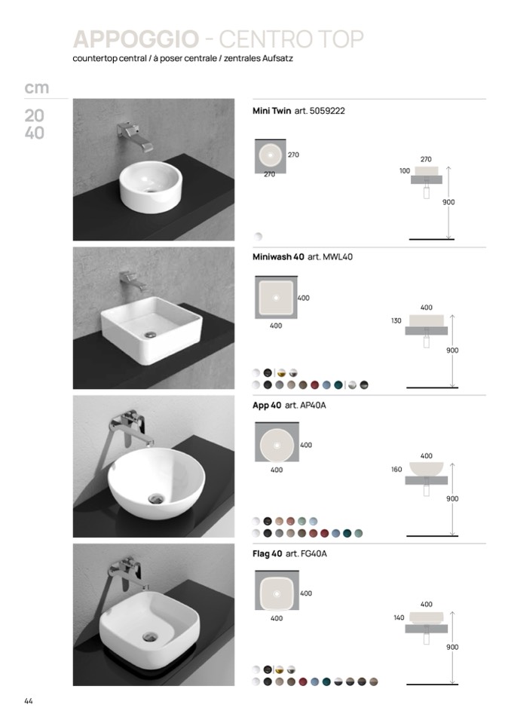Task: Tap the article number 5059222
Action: tap(327, 111)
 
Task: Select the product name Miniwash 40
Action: tap(278, 257)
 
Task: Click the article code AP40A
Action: tap(313, 406)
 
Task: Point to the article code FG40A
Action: tap(314, 554)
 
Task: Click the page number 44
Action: tap(29, 701)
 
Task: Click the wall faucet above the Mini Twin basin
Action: tap(135, 136)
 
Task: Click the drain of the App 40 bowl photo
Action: tap(156, 498)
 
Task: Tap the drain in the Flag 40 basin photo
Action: tap(150, 637)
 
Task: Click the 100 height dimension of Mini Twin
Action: tap(405, 171)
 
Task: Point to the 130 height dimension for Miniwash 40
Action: tap(396, 320)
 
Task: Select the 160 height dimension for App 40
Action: tap(396, 470)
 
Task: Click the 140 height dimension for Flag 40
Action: tap(399, 617)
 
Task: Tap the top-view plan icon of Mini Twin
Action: tap(271, 156)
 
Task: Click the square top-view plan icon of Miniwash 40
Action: tap(277, 297)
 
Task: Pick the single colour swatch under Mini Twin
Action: tap(258, 237)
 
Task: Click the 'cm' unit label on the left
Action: tap(36, 87)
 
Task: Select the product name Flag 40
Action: tap(268, 554)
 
